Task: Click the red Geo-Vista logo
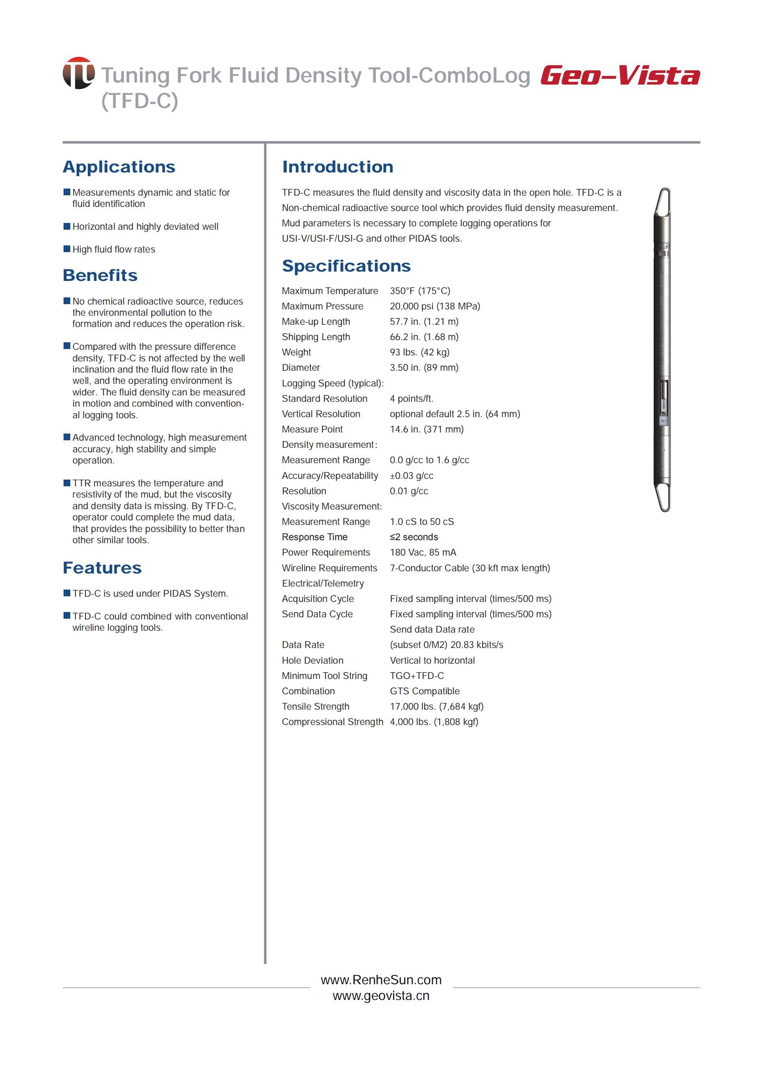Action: (620, 76)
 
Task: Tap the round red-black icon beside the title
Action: (79, 73)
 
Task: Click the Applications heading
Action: (119, 167)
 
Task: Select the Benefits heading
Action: (100, 275)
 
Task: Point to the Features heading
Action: (102, 567)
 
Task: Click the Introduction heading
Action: (337, 167)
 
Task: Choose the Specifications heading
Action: (346, 266)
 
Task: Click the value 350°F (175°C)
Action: (419, 291)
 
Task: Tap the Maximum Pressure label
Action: (322, 306)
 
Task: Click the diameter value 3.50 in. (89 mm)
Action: (424, 368)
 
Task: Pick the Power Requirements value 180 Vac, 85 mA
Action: (423, 553)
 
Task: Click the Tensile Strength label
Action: (315, 707)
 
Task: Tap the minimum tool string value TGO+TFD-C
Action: (416, 676)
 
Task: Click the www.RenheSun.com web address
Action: (381, 980)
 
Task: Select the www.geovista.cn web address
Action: (381, 996)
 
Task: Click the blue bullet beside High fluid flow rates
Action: (67, 249)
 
